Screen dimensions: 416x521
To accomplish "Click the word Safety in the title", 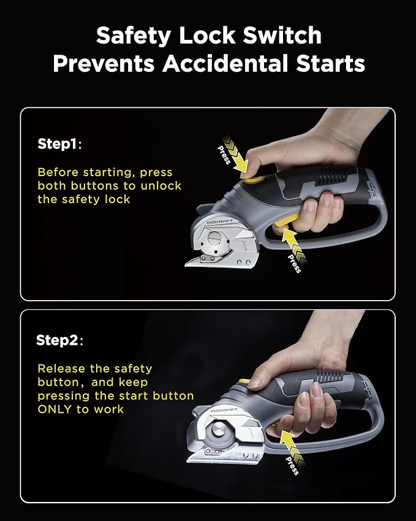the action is (134, 36).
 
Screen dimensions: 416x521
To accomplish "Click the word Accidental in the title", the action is (225, 63).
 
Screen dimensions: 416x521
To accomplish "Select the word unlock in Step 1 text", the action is (161, 185).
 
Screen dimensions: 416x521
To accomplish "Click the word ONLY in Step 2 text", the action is (55, 409).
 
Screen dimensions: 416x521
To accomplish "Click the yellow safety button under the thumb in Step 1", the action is (254, 180).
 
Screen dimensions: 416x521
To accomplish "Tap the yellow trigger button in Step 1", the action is (286, 221).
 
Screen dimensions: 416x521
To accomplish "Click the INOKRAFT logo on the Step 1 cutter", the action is (219, 222).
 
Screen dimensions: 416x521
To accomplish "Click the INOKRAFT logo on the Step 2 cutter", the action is (224, 411).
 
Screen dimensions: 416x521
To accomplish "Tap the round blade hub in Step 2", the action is (218, 430).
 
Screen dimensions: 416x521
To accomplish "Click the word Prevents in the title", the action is (104, 63).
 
